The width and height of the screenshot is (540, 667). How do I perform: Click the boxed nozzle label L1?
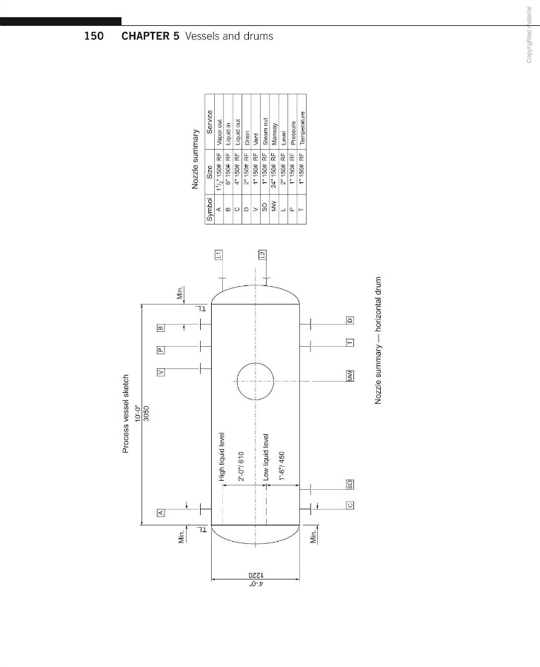pos(219,254)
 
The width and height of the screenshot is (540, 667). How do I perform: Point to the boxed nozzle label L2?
pos(261,254)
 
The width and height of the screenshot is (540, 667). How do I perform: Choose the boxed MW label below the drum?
pos(350,376)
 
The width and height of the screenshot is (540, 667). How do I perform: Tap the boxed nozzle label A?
pos(159,512)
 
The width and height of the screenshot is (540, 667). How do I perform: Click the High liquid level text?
pos(221,457)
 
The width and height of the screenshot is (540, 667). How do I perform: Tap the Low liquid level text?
pos(266,457)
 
